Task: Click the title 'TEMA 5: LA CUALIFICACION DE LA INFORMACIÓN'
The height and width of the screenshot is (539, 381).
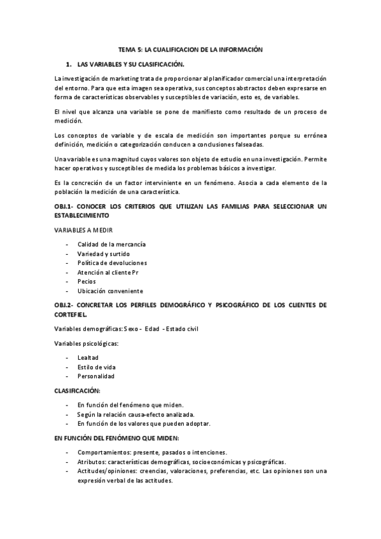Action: pos(191,49)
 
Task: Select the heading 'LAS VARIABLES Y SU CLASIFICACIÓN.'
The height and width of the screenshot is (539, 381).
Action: pos(130,65)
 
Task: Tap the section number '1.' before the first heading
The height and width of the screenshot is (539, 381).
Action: pos(68,65)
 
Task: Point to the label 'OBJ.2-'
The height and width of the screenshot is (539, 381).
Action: pos(66,305)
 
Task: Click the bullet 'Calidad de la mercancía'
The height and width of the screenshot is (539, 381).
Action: pos(111,244)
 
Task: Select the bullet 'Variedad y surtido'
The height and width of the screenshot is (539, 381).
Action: pos(104,254)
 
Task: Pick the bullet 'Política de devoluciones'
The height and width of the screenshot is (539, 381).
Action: pos(112,263)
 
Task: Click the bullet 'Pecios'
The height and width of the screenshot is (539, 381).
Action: pos(87,282)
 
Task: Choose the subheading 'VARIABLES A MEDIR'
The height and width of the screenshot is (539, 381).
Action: pos(84,230)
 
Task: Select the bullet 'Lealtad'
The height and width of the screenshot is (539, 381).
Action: pos(88,358)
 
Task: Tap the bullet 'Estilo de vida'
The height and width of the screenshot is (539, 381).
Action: pos(97,367)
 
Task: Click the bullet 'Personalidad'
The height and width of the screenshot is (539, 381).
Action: pos(95,376)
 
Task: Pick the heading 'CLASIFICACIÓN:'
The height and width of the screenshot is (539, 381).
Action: pos(78,390)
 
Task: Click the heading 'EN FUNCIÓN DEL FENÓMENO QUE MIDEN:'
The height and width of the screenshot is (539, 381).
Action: pos(117,438)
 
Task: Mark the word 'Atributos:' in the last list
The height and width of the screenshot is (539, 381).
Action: pos(93,461)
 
